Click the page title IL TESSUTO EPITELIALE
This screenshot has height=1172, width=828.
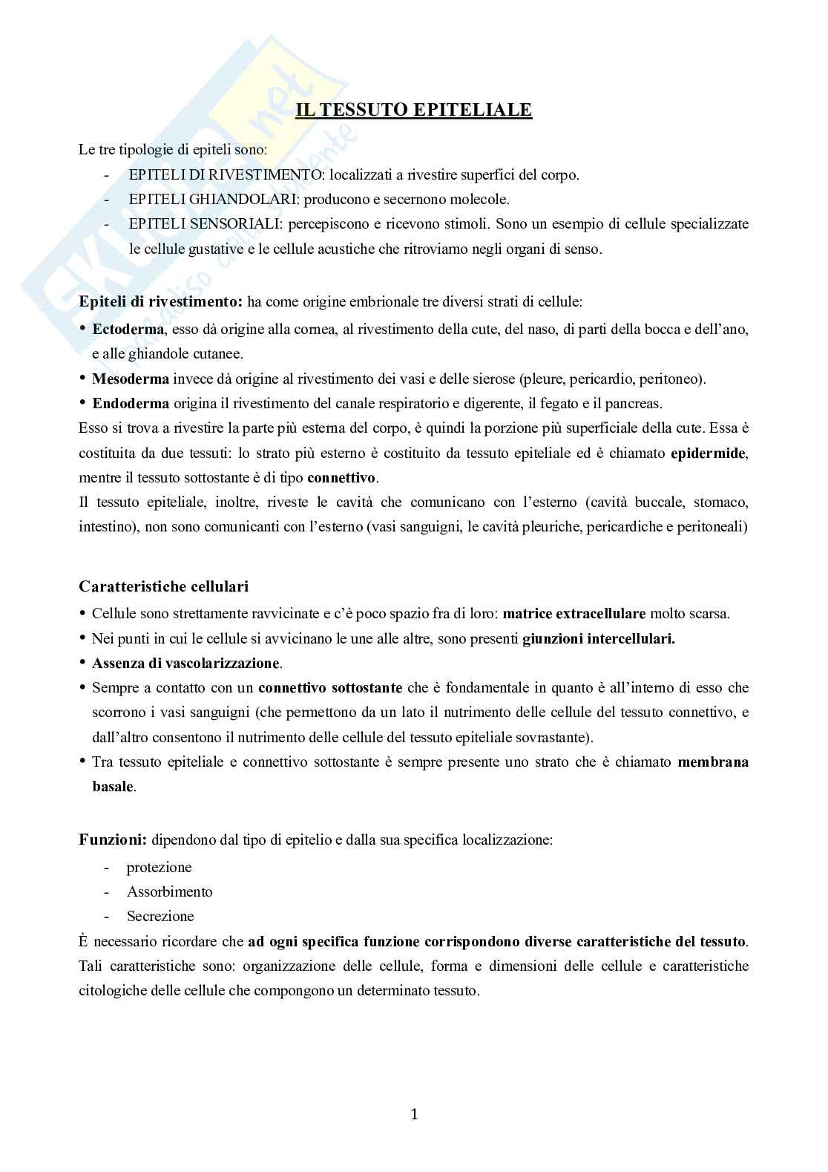pos(414,110)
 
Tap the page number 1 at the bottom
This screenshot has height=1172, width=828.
pos(414,1113)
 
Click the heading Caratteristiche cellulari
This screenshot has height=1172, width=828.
pos(163,586)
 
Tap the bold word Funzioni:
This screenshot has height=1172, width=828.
pos(113,840)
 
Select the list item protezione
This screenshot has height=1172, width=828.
pos(159,867)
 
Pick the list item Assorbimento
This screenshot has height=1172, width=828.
pos(169,891)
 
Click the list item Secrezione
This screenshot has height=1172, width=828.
pos(160,916)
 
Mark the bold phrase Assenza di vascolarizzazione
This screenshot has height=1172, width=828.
pos(185,663)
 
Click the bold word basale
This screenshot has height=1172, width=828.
pos(113,786)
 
